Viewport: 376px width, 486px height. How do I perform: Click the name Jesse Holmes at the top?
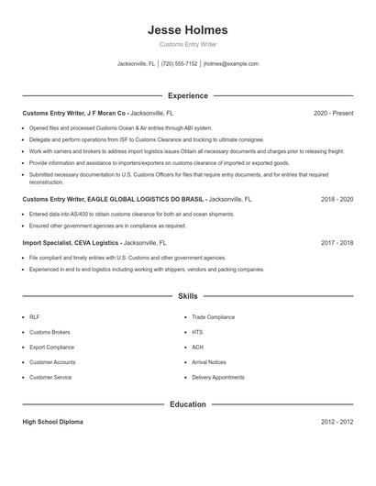click(187, 30)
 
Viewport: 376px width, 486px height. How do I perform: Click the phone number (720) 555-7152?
click(180, 64)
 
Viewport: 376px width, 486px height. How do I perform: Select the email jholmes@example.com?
click(231, 64)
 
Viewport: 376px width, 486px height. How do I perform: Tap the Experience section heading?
click(187, 95)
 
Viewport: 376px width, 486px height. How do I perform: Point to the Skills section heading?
click(187, 296)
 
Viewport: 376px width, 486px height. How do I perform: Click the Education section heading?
click(187, 404)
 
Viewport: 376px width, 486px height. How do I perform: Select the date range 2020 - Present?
click(333, 113)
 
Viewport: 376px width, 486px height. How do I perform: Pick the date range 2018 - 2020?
click(337, 199)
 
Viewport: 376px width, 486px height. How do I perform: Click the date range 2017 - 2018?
click(337, 244)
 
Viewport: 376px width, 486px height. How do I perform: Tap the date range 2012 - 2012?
click(337, 422)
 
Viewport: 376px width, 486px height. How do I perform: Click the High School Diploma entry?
click(53, 422)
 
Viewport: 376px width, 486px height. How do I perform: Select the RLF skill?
click(34, 317)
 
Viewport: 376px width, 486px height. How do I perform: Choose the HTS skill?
click(197, 332)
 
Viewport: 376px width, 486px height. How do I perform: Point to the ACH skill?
click(197, 348)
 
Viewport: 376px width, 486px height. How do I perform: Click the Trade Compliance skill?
click(213, 317)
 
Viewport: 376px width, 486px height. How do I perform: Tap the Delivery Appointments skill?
click(217, 377)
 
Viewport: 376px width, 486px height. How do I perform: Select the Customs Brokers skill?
click(49, 332)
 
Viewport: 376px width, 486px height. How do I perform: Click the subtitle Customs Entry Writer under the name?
click(187, 45)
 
